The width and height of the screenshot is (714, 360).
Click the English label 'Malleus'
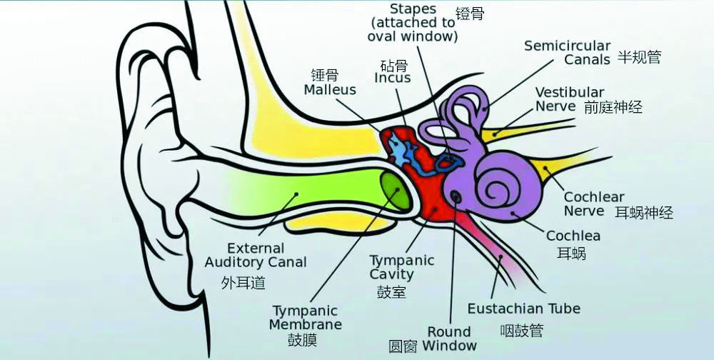point(330,90)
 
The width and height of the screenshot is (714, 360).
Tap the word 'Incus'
point(393,78)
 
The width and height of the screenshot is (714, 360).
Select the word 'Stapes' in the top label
point(413,9)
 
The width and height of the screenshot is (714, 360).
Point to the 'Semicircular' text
point(568,46)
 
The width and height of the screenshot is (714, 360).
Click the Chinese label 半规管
point(638,57)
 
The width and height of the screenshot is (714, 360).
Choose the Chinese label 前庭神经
point(613,107)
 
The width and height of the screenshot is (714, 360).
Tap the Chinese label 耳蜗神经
point(644,212)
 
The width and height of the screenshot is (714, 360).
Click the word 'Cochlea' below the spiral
point(573,236)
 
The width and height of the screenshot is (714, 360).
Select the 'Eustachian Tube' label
point(523,309)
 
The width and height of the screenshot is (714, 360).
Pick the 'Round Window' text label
point(449,338)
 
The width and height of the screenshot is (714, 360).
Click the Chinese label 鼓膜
point(302,340)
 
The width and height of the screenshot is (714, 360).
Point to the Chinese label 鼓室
point(391,291)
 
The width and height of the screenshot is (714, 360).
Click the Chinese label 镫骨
point(471,14)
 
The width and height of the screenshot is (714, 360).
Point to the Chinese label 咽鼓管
point(521,330)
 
